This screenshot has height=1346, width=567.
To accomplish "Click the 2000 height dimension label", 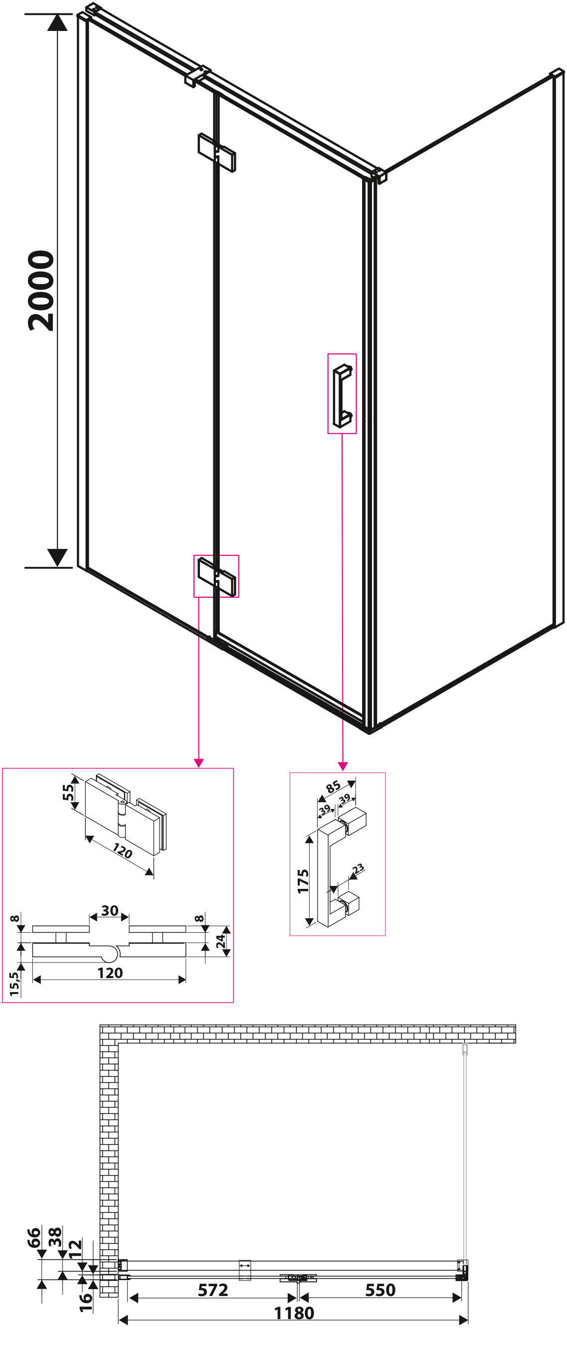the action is (x=41, y=291).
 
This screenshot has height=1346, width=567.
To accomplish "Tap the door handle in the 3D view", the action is (x=342, y=395).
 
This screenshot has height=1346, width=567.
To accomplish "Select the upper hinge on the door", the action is (x=216, y=152).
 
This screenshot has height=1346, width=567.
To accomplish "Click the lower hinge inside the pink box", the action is (x=216, y=576).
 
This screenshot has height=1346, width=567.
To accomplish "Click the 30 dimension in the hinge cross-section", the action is (x=110, y=911).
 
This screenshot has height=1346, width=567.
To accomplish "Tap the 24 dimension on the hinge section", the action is (x=221, y=942).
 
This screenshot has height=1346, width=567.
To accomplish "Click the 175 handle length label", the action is (x=303, y=881).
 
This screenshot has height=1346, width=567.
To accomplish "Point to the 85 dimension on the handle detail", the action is (x=334, y=786).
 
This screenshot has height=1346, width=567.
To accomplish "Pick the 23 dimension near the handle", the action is (x=358, y=869).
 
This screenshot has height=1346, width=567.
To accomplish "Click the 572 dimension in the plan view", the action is (x=213, y=1290).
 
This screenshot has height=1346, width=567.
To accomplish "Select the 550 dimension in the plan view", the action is (x=380, y=1290).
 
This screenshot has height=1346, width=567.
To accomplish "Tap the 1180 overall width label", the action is (x=294, y=1313).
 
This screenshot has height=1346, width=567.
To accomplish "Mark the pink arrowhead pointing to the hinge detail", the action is (x=198, y=763).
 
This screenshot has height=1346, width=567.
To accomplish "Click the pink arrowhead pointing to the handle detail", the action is (x=342, y=767).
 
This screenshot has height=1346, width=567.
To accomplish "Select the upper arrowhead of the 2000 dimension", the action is (x=57, y=22).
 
